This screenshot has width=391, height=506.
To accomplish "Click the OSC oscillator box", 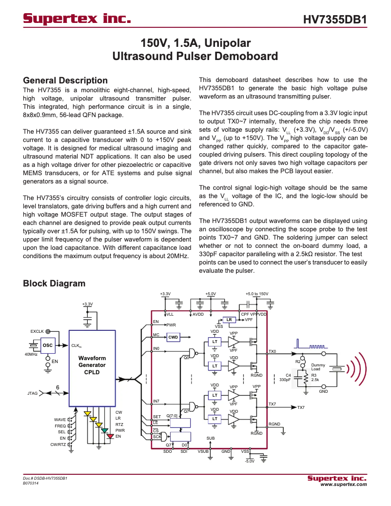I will pos(48,345).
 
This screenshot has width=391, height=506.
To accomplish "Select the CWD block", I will pos(173,337).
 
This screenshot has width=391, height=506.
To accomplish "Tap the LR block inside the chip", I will pos(229,320).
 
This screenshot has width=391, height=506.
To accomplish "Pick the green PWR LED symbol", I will pos(104,430).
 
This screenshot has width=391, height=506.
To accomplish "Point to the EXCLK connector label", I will pos(37,331).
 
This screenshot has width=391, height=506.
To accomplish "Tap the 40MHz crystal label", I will pos(31,354).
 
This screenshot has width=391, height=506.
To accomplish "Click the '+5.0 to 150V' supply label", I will pos(257,294).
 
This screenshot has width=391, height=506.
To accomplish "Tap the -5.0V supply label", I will pos(249,461).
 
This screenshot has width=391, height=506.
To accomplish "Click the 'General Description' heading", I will pos(65,81).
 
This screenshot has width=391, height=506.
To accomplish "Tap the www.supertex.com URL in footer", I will pos(343,485).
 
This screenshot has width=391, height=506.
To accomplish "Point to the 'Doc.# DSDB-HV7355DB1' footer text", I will pos(45,478).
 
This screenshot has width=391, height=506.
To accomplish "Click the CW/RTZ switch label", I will pos(58,445).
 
